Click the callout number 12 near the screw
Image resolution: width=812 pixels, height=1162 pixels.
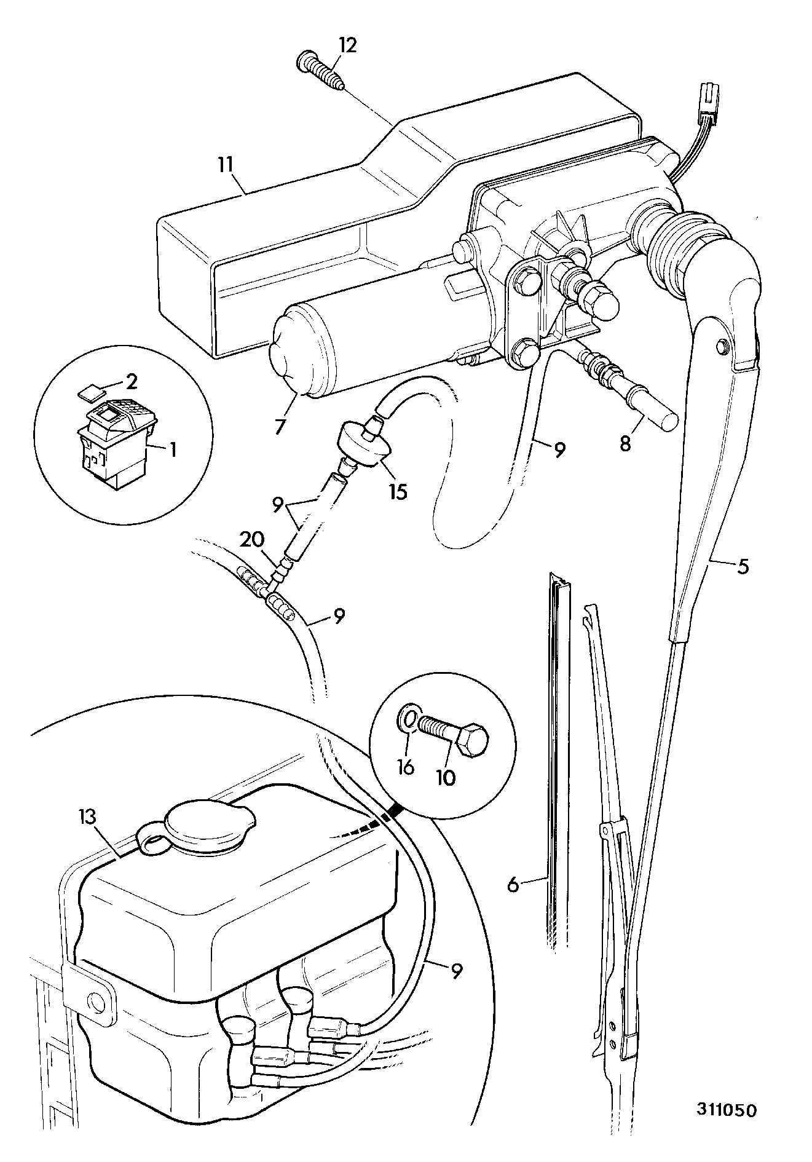click(x=348, y=45)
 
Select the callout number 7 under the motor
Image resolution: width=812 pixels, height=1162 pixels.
click(x=280, y=425)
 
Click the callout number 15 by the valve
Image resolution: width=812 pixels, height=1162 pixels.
click(x=398, y=492)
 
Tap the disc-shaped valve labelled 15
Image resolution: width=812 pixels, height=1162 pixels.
click(x=366, y=441)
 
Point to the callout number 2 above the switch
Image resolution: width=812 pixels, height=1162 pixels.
click(x=131, y=381)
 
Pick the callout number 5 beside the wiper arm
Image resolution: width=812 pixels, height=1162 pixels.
click(x=743, y=565)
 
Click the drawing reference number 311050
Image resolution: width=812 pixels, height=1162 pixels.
click(x=727, y=1109)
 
